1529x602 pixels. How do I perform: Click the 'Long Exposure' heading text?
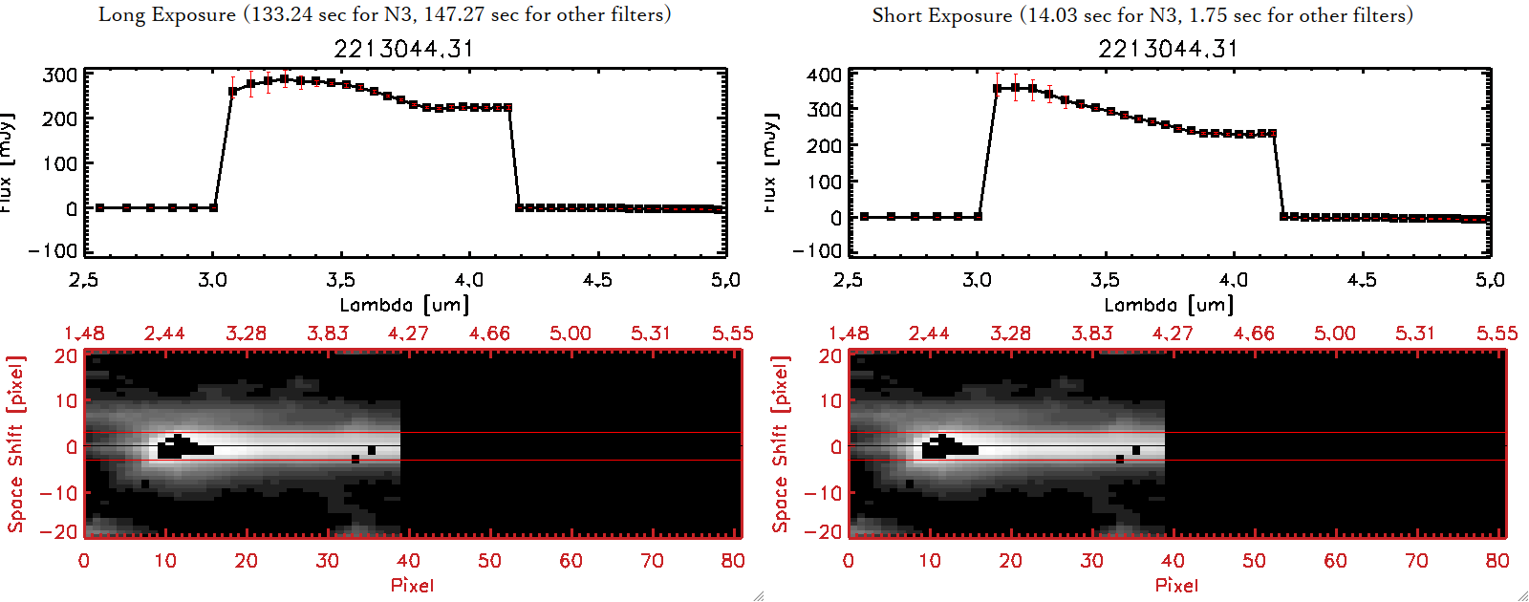[167, 14]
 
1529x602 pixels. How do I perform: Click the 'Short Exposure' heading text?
[941, 15]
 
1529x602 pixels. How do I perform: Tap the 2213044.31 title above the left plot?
[403, 49]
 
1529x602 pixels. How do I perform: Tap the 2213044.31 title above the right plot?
[1168, 49]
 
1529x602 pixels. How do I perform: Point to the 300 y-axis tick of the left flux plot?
[60, 75]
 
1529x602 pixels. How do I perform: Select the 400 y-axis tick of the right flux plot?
[825, 75]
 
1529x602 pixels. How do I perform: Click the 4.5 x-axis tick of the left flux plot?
[597, 280]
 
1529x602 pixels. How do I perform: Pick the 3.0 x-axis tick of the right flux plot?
[977, 280]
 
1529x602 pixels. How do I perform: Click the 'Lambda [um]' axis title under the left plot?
[404, 305]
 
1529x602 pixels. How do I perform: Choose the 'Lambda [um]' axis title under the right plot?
[1169, 305]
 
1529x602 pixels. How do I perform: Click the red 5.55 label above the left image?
[732, 333]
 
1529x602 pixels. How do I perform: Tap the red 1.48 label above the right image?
[849, 333]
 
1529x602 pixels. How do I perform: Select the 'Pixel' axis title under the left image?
[412, 585]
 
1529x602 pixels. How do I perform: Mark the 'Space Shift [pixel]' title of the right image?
[781, 444]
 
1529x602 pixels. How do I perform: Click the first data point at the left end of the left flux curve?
[99, 207]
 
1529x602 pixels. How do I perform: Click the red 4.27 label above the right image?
[1173, 333]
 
